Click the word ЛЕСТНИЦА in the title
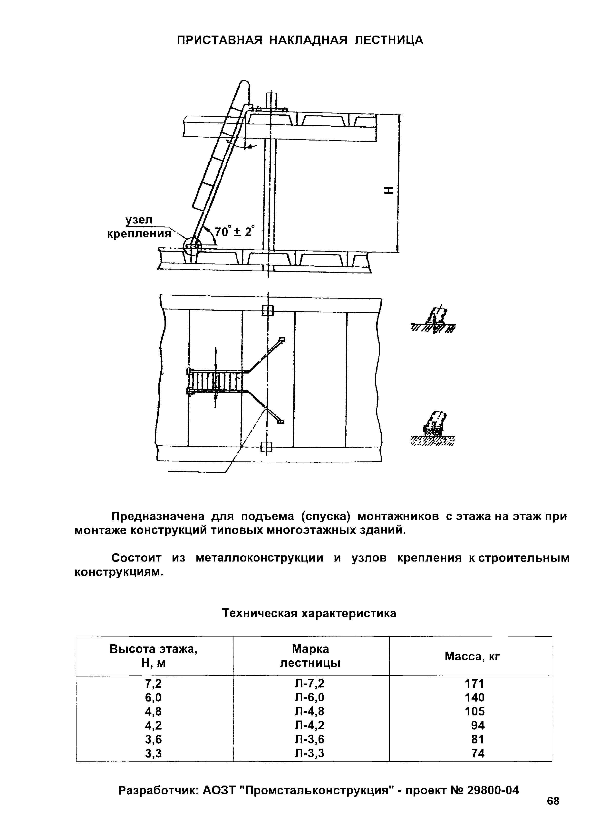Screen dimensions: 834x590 pos(389,40)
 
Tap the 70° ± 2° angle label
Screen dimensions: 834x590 pos(234,231)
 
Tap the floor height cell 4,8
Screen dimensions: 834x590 pos(153,711)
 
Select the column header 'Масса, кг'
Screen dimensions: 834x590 pos(472,656)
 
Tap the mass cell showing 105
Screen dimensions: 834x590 pos(474,711)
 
